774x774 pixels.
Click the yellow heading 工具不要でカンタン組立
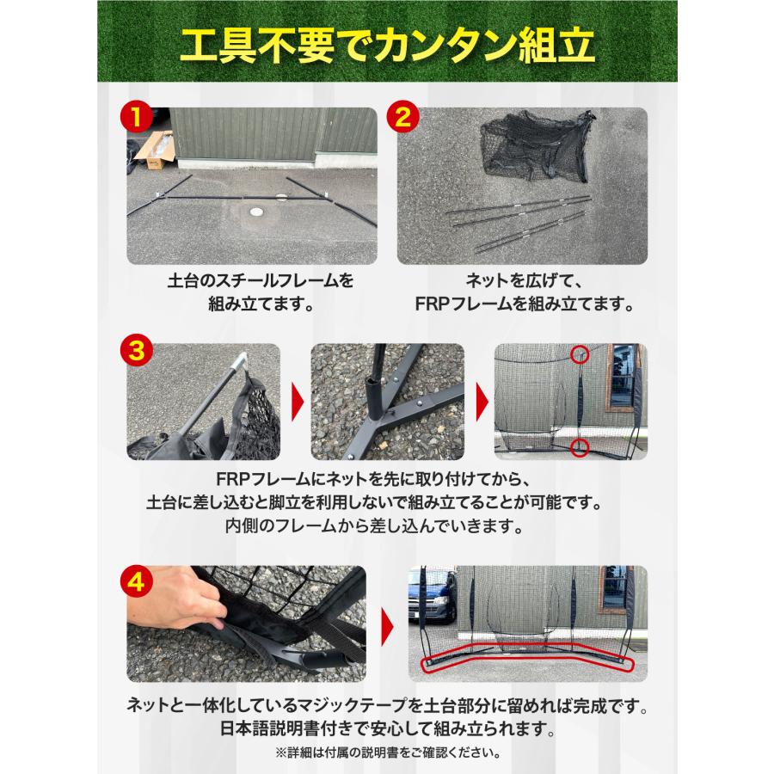(x=387, y=49)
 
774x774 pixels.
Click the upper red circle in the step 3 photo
(x=581, y=354)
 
